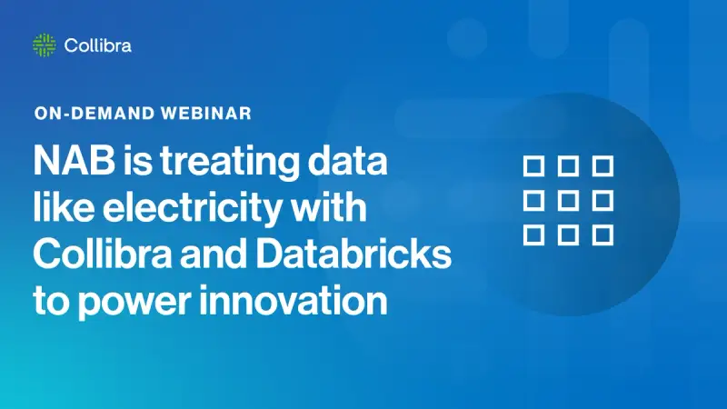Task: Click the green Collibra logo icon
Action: (44, 45)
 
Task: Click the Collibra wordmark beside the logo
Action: (98, 45)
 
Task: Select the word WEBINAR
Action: (205, 115)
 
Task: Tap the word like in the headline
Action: (64, 208)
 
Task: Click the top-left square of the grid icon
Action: (533, 165)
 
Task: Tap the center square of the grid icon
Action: (568, 200)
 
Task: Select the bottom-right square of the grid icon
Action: (603, 234)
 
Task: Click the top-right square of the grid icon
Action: (603, 165)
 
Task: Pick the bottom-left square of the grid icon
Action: (533, 234)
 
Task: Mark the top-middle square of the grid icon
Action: (568, 165)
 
